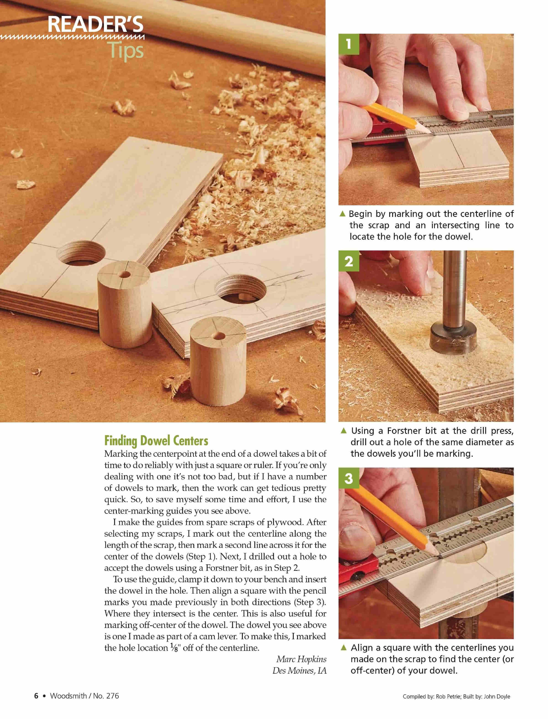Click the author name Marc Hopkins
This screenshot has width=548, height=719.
click(301, 659)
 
